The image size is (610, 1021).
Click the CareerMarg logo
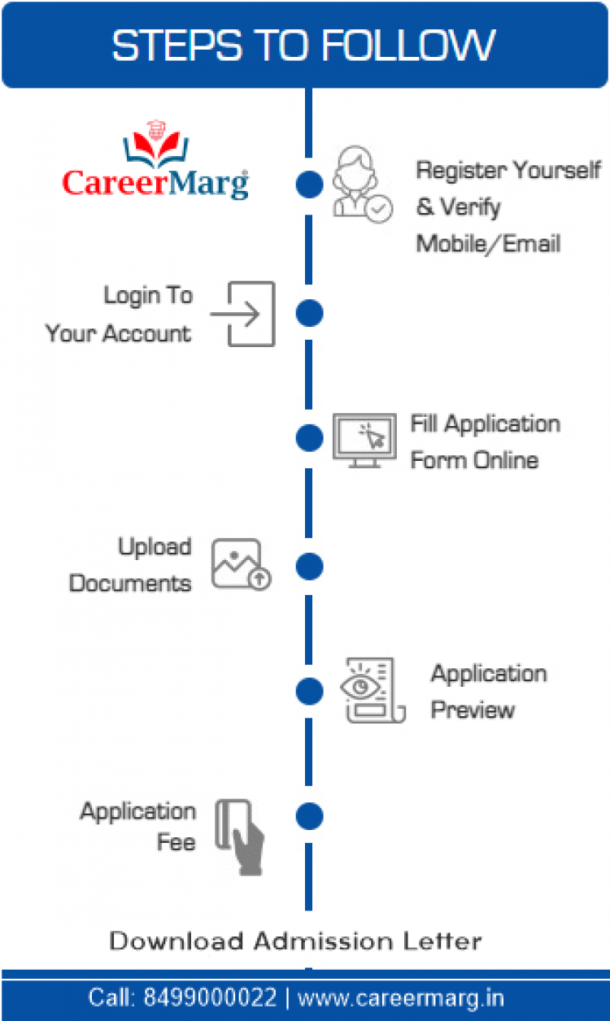155,163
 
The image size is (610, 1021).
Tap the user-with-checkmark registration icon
360,184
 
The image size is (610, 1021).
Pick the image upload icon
241,564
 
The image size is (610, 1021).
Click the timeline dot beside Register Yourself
309,185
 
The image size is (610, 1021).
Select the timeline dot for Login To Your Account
309,313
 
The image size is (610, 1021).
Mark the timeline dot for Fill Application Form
309,438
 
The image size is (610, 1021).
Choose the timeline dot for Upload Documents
309,566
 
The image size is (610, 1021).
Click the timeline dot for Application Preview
309,692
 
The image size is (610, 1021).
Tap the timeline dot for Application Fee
309,816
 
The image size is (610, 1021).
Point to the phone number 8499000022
210,997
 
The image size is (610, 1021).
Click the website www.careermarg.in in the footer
401,997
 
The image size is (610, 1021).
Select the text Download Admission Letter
296,941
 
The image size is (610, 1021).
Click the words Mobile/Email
488,243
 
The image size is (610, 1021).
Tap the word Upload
155,547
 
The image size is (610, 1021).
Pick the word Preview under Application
473,710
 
